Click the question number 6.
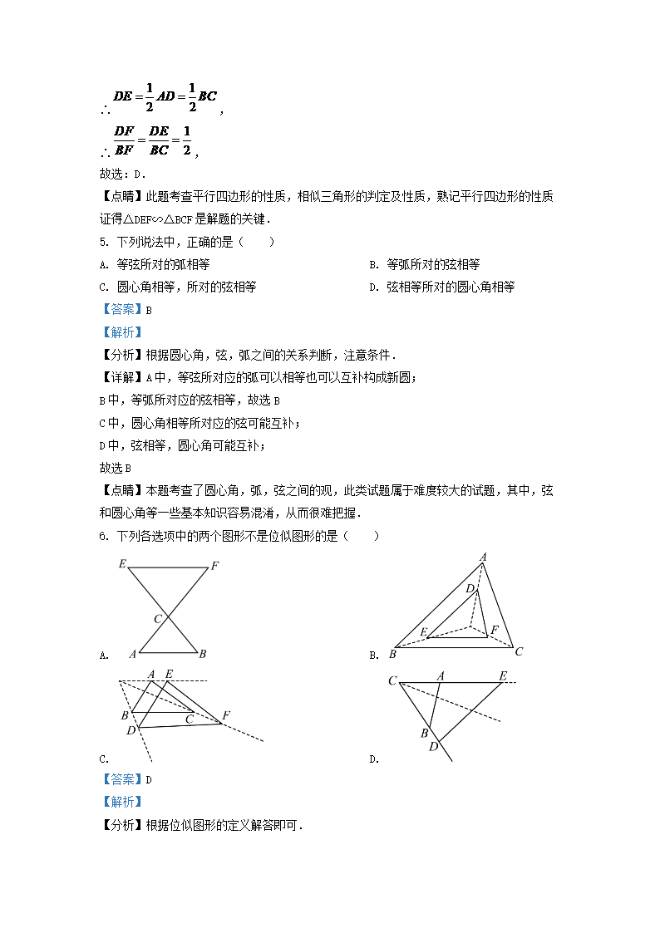102,537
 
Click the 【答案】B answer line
126,309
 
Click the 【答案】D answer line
126,779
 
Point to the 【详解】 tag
121,378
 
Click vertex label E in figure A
122,565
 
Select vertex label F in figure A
214,566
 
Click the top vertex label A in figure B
482,557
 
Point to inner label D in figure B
470,589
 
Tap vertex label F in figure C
226,715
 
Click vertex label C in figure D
392,681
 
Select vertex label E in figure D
503,675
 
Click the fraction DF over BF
124,140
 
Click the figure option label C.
103,759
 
